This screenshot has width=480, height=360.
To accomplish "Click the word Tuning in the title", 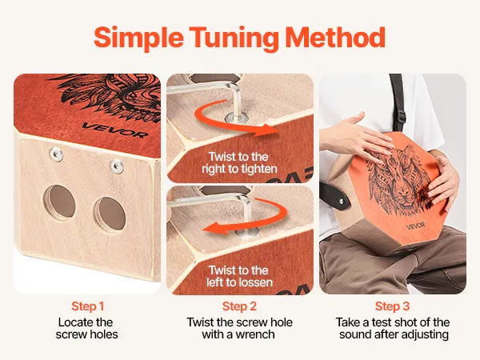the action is [x=234, y=38].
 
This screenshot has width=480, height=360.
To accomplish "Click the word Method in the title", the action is [x=335, y=37].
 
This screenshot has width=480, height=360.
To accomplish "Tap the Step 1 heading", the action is [x=88, y=306].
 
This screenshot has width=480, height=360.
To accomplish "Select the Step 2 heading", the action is [x=239, y=306].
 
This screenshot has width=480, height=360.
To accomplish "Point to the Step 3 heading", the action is [x=392, y=306].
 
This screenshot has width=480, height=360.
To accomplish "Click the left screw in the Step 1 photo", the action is [x=56, y=154].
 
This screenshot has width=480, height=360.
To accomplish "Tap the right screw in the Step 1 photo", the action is [x=117, y=166].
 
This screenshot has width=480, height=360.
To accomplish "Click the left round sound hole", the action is [x=59, y=202].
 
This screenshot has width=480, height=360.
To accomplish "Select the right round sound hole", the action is [x=110, y=214].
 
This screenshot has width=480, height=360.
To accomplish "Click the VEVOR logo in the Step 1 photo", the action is [x=115, y=130].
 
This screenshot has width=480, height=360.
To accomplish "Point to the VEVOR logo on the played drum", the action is [x=415, y=226].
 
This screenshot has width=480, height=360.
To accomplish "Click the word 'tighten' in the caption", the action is [x=258, y=169].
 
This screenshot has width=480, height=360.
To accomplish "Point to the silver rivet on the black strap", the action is [x=342, y=201].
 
